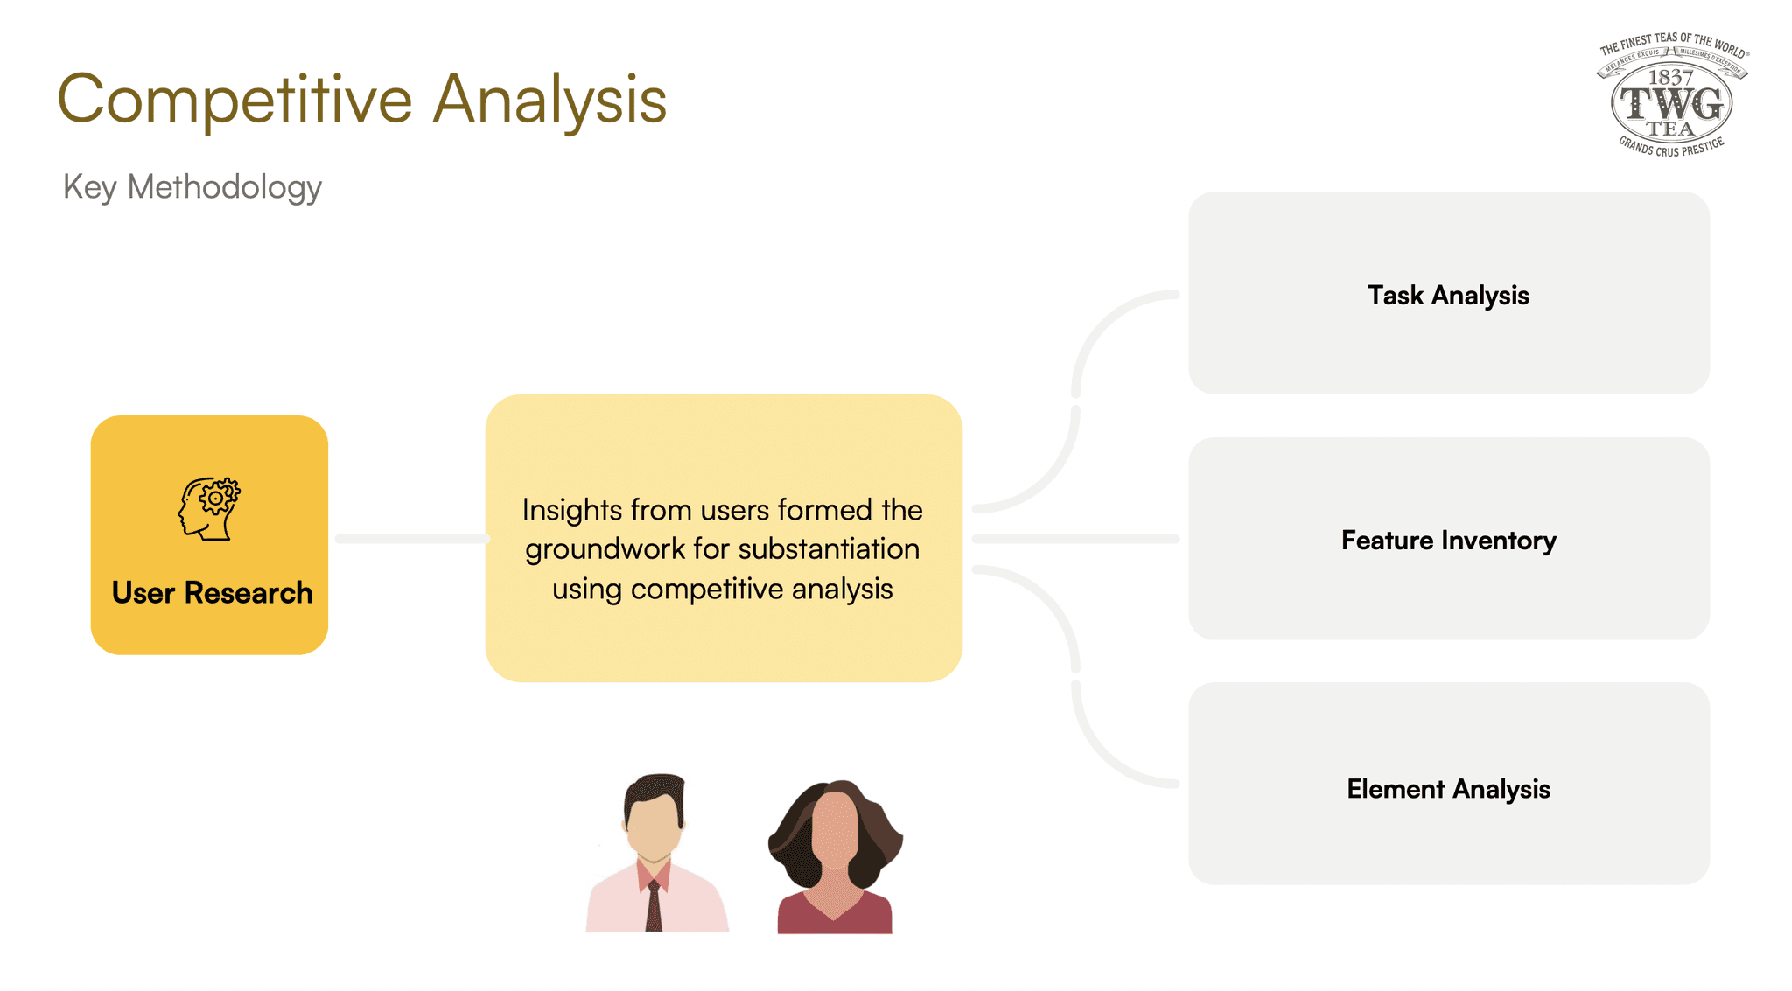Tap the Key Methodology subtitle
coord(192,187)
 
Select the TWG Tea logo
coord(1671,96)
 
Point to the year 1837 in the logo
coord(1670,78)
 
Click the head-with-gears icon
coord(210,508)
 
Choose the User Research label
coord(212,593)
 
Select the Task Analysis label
coord(1448,296)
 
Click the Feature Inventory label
coord(1448,541)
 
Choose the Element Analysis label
coord(1448,789)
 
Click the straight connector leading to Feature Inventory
coord(1076,539)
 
